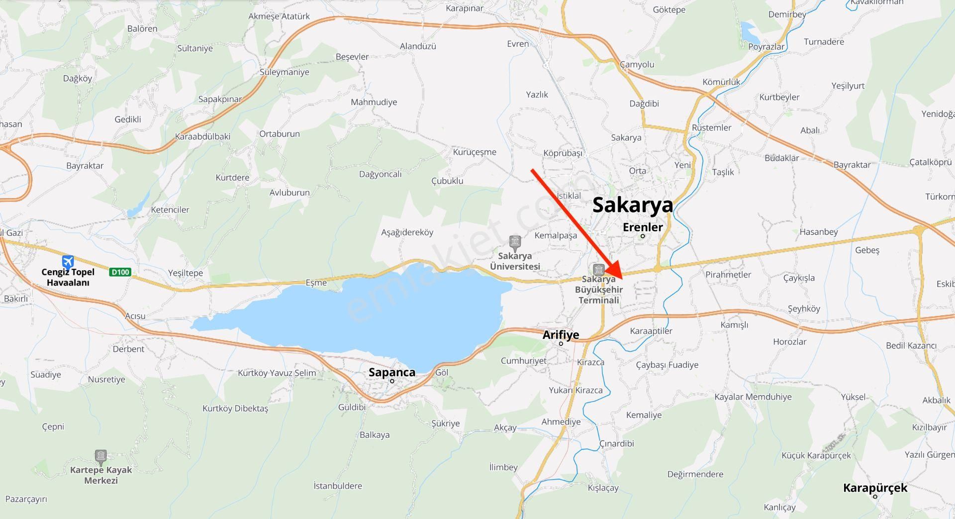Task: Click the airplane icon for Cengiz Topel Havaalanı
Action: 68,261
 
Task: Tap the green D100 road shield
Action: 120,272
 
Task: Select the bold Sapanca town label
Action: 391,372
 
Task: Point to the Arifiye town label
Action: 561,335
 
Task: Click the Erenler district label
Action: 643,227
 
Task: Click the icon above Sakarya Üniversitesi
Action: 515,243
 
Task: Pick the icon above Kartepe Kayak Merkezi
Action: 101,457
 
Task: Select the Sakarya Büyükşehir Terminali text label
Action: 599,290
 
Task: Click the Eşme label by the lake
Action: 316,283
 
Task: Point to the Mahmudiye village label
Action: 374,102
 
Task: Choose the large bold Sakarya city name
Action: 632,205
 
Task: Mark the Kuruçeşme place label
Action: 474,152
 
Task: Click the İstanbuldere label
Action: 338,486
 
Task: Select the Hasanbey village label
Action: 818,231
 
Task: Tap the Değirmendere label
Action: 695,474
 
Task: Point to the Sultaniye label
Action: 195,48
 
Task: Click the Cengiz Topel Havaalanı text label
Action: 68,277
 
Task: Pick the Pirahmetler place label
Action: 728,274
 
